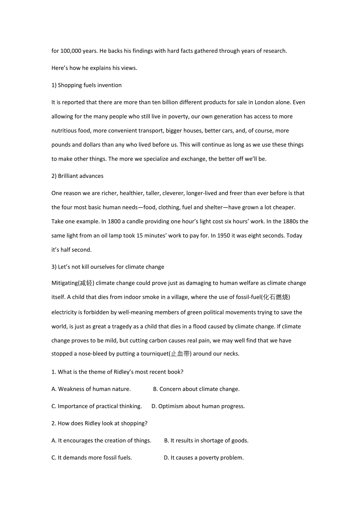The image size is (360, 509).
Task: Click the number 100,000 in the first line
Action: click(70, 51)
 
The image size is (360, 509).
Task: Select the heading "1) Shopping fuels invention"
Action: click(86, 85)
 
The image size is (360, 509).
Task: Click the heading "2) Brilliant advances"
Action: click(77, 176)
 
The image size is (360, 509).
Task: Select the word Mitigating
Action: click(64, 283)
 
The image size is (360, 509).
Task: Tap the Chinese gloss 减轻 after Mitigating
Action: click(86, 283)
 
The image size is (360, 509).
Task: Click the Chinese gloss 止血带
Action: click(180, 354)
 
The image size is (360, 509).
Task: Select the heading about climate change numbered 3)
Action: click(108, 267)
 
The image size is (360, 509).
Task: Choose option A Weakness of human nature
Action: click(91, 389)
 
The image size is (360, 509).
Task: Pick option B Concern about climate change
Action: click(196, 389)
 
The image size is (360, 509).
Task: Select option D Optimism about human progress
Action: click(198, 406)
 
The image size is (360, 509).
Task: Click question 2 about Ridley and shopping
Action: click(99, 423)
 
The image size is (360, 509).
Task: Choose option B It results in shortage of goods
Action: click(206, 441)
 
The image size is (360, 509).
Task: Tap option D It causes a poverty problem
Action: click(203, 458)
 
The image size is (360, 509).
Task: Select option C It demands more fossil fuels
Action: click(92, 458)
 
